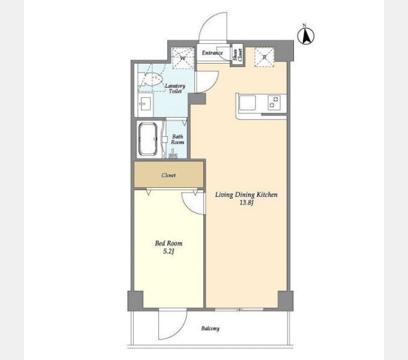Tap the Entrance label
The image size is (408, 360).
(x=212, y=53)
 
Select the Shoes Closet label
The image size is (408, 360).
(x=238, y=55)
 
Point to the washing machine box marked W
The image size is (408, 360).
(x=183, y=58)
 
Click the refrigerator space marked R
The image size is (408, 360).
(x=265, y=57)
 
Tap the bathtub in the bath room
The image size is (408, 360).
(x=148, y=140)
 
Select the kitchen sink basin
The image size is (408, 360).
(x=247, y=103)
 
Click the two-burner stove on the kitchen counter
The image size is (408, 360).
(x=274, y=102)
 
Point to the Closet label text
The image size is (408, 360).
(x=169, y=175)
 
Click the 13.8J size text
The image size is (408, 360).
(x=246, y=203)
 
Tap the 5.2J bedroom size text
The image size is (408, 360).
(x=169, y=251)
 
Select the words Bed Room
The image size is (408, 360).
(x=169, y=244)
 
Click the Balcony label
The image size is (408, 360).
(x=210, y=329)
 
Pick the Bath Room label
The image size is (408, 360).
(x=178, y=139)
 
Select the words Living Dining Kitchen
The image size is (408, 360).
(x=246, y=194)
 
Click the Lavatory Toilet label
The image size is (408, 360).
(x=175, y=88)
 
